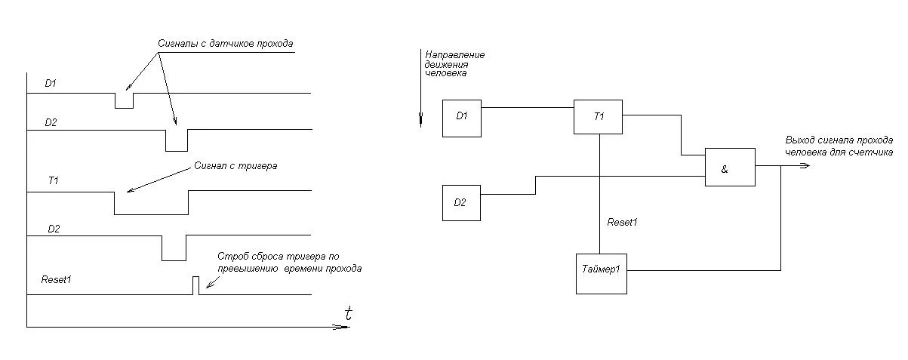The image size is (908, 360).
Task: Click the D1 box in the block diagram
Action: coord(461,117)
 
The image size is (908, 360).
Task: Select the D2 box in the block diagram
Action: coord(461,202)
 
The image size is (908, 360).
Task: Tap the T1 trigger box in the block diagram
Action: coord(599,116)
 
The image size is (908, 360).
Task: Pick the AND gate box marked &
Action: coord(729,168)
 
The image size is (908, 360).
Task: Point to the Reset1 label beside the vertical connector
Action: coord(623,222)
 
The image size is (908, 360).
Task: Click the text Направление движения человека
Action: coord(454,64)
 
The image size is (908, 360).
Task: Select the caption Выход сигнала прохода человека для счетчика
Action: coord(839,146)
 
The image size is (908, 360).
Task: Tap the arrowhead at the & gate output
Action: coord(805,165)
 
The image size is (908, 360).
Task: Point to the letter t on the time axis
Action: coord(348,313)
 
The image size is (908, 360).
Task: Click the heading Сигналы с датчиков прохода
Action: coord(225,44)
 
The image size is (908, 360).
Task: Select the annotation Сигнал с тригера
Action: coord(235,165)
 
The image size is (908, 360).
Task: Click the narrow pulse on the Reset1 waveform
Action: coord(195,285)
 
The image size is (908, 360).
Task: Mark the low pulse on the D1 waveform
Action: coord(124,101)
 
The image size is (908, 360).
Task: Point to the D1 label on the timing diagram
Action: coord(51,83)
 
